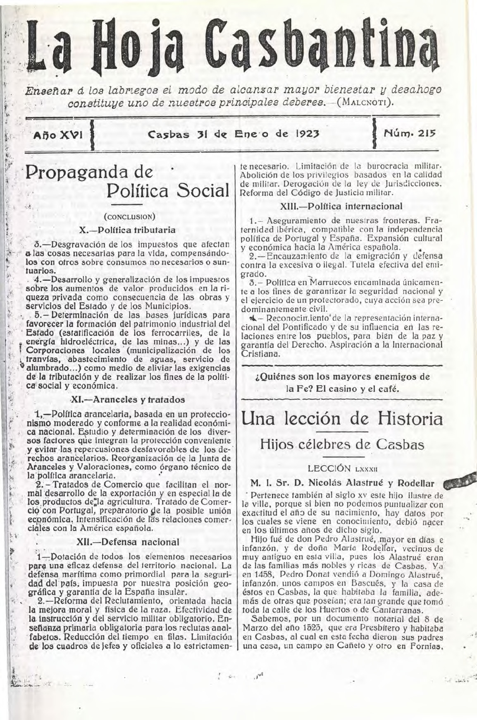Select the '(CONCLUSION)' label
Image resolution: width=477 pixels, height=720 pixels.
pos(129,216)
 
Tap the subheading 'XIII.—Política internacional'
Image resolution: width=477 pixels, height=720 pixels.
pos(341,206)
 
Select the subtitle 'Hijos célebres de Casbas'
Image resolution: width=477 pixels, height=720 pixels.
pos(341,444)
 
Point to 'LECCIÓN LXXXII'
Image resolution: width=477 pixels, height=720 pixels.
pos(341,468)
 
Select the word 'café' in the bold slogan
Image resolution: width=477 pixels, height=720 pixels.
pos(388,389)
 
